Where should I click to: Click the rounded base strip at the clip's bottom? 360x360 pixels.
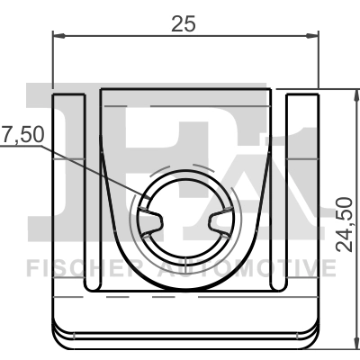[x=186, y=334]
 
